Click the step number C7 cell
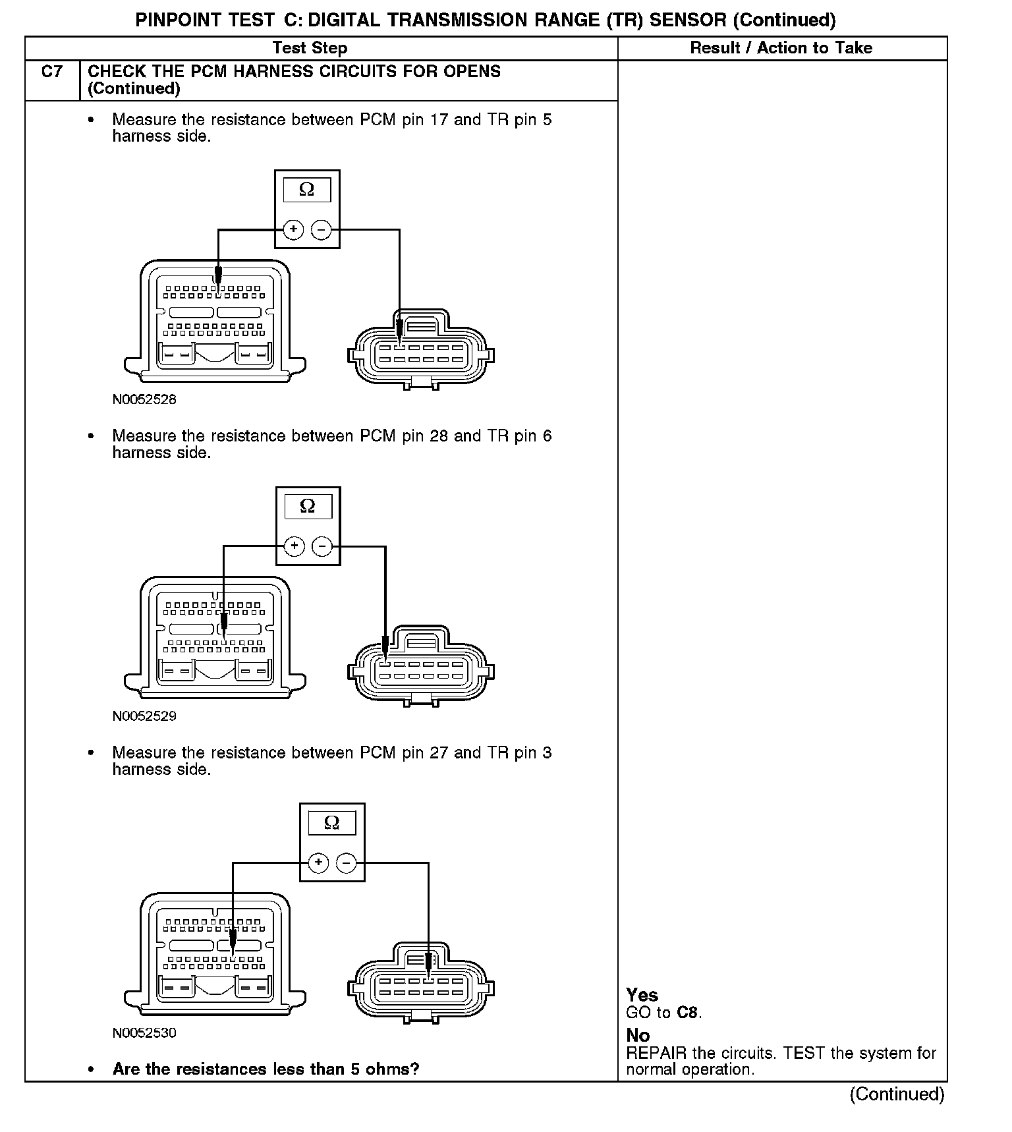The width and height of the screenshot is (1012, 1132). (52, 72)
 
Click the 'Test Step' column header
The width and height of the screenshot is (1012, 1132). (310, 48)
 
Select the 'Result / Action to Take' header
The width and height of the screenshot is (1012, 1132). (781, 48)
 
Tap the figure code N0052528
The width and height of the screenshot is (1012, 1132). (144, 399)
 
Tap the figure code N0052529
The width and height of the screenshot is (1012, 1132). (144, 716)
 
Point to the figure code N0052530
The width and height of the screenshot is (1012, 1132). (144, 1033)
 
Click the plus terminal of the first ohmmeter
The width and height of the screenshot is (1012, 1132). (293, 230)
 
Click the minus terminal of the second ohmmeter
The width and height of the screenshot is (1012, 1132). (322, 546)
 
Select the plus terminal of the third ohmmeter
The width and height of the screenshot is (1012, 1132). (318, 863)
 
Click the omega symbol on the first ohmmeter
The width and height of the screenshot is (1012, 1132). (306, 190)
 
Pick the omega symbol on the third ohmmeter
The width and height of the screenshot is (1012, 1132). (332, 822)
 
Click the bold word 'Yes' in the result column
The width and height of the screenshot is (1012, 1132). (642, 995)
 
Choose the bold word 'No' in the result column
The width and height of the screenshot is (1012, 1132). (638, 1035)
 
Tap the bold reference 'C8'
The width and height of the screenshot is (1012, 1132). (688, 1013)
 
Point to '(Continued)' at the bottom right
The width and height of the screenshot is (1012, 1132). (897, 1094)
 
